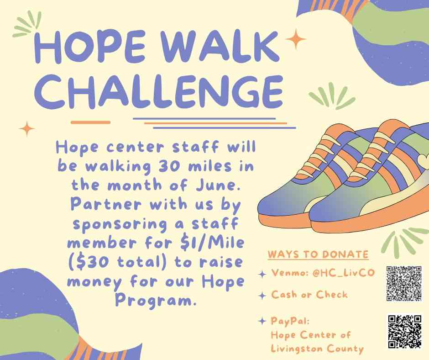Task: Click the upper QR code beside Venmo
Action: (x=404, y=283)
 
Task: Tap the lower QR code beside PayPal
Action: (x=405, y=332)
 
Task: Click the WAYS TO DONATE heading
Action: (x=318, y=254)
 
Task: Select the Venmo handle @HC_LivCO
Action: (x=343, y=273)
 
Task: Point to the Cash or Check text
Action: (x=309, y=295)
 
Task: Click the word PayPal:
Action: (x=290, y=321)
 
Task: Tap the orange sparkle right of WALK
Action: (x=295, y=39)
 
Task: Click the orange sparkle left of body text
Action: (x=27, y=128)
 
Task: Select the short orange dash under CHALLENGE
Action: (x=90, y=122)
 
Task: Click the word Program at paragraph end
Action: (x=153, y=301)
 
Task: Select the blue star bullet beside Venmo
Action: (x=262, y=274)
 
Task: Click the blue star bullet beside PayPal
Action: (x=262, y=321)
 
